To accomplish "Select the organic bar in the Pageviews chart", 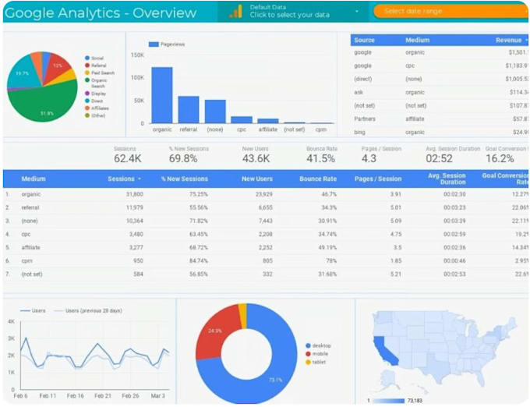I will (161, 95).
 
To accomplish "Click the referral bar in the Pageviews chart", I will (189, 109).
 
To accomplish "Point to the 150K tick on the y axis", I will (137, 55).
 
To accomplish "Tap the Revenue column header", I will (509, 40).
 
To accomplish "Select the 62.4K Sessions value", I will (127, 158).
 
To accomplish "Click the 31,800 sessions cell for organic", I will (131, 194).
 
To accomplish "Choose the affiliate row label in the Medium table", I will (32, 246).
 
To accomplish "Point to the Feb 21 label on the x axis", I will (102, 395).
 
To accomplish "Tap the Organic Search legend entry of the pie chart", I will (99, 82).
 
